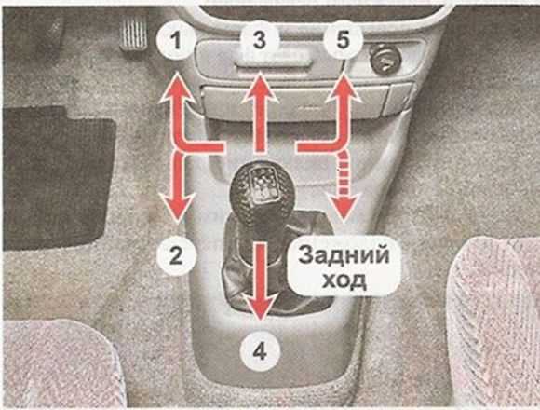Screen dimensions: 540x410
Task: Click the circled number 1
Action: point(176,41)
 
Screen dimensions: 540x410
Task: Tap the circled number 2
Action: point(176,255)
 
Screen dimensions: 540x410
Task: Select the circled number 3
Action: point(260,39)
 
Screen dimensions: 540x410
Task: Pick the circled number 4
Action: point(260,352)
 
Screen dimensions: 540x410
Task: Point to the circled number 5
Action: point(343,40)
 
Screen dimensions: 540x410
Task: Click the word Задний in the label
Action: point(344,255)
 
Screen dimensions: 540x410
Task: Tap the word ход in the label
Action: point(344,281)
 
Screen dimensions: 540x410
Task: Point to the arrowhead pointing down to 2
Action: point(177,207)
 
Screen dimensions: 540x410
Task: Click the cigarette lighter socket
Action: point(385,58)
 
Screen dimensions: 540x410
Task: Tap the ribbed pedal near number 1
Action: point(133,34)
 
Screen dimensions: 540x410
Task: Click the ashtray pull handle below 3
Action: point(274,64)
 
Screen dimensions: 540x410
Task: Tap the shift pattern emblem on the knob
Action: point(263,184)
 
